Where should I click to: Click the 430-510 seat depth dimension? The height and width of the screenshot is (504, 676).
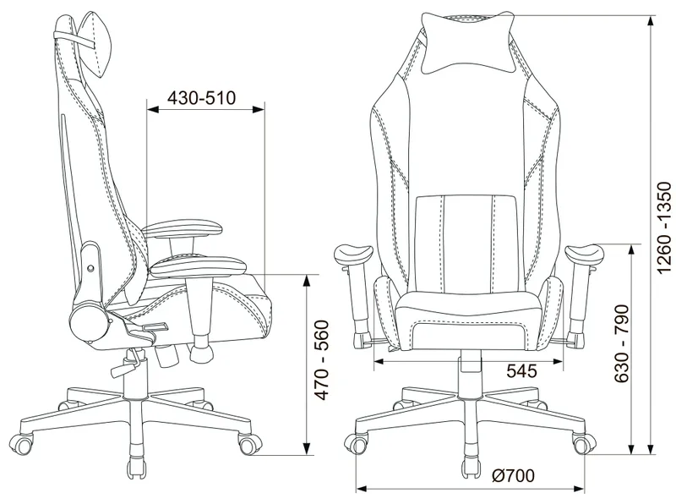[202, 98]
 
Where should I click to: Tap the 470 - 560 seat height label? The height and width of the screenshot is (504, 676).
[321, 359]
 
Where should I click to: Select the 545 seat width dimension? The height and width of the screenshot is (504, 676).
[521, 370]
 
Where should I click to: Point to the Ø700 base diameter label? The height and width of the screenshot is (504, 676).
[513, 475]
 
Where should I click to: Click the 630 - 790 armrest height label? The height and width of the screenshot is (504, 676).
[621, 343]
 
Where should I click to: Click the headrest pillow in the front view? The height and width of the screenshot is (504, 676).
[469, 43]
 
